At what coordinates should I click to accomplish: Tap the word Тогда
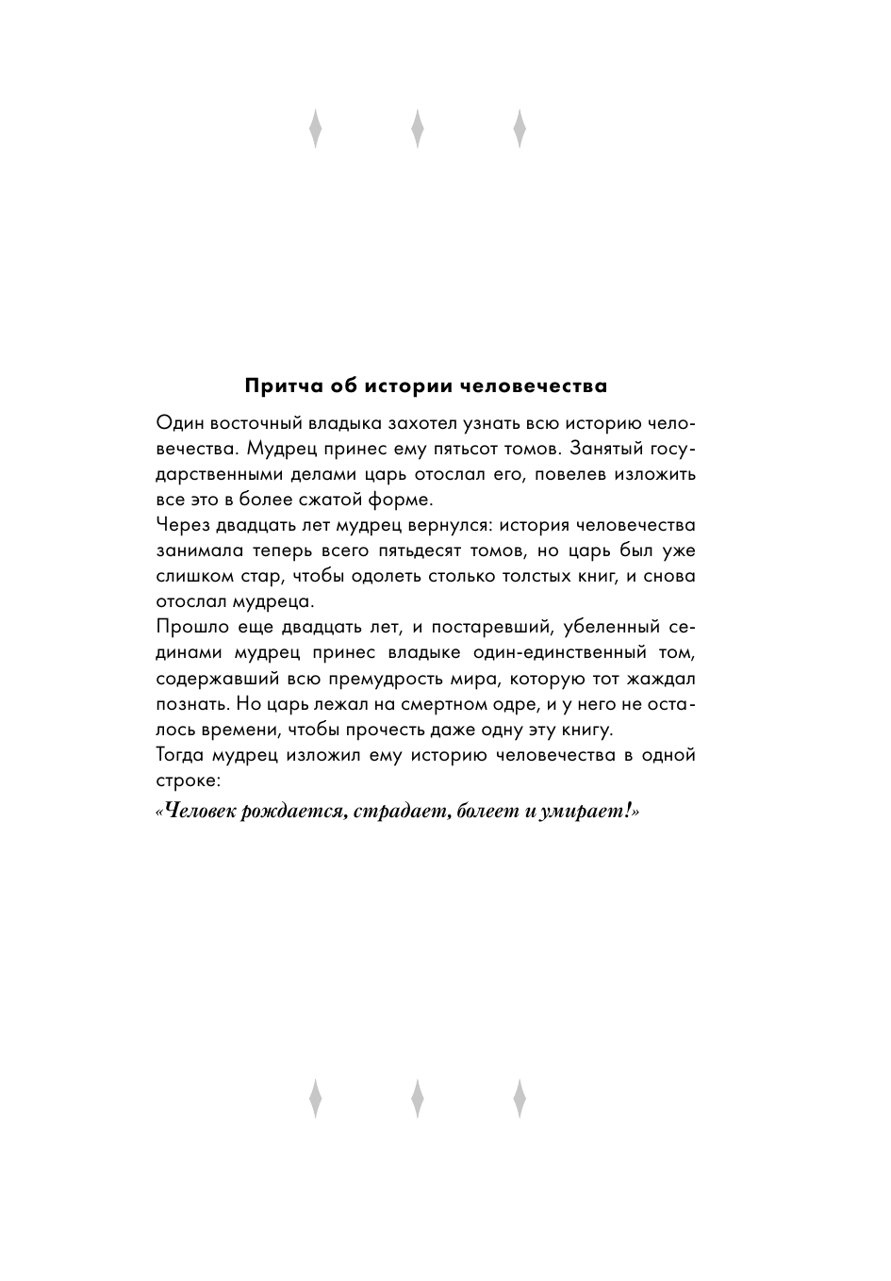(x=180, y=755)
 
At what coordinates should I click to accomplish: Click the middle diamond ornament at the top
(x=418, y=130)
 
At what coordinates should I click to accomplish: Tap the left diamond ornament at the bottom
(x=316, y=1098)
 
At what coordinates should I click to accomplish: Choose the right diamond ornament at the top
(x=520, y=130)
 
